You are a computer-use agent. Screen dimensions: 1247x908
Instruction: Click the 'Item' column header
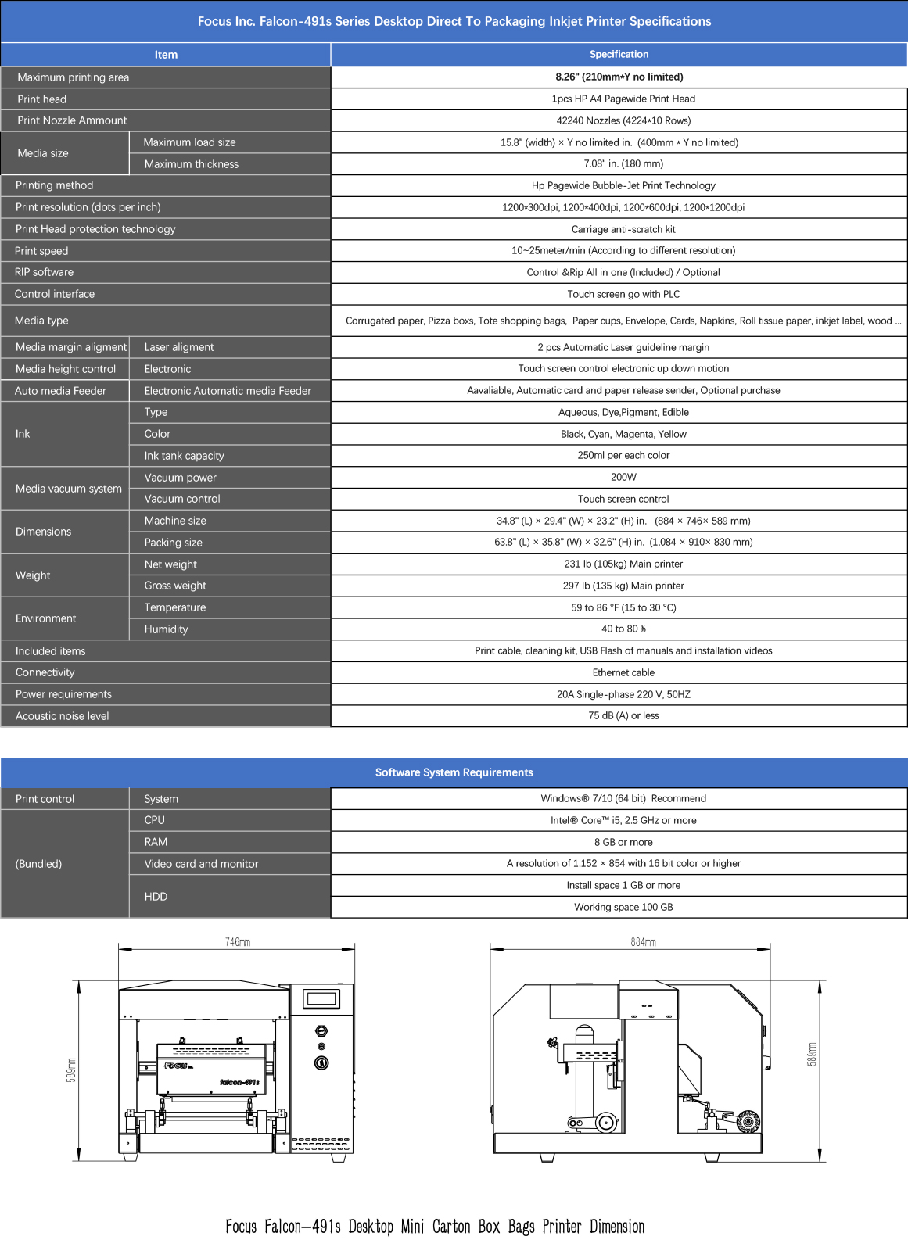(166, 55)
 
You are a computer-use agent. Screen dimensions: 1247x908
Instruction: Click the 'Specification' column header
(619, 55)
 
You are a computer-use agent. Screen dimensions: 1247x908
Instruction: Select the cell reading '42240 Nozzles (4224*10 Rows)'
(623, 120)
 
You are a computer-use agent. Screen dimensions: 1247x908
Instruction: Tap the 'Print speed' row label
(41, 251)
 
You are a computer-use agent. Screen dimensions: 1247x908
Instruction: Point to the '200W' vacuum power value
(623, 477)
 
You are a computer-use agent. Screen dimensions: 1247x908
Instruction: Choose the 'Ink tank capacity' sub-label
(184, 456)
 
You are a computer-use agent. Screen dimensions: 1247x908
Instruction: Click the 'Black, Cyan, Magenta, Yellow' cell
(623, 434)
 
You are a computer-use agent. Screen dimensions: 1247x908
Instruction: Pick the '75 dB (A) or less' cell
(623, 715)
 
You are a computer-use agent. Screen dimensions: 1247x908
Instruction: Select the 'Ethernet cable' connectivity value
(623, 672)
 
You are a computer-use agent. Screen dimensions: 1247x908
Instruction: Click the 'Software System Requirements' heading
(454, 772)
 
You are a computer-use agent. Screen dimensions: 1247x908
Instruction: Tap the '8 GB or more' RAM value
(623, 842)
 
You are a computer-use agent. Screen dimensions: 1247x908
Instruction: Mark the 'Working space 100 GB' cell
(623, 907)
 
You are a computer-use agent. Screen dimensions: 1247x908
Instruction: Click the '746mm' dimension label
(238, 942)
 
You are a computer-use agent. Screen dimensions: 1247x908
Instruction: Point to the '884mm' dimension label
(643, 942)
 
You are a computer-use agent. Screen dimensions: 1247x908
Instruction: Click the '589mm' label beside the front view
(71, 1070)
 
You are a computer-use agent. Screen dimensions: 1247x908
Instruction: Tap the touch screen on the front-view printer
(321, 998)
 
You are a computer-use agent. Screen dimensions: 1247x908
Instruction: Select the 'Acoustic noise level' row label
(63, 716)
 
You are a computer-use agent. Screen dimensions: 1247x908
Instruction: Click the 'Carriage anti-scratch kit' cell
(623, 229)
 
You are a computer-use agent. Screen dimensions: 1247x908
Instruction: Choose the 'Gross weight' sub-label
(175, 586)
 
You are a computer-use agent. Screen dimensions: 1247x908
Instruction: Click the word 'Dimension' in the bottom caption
(617, 1226)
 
